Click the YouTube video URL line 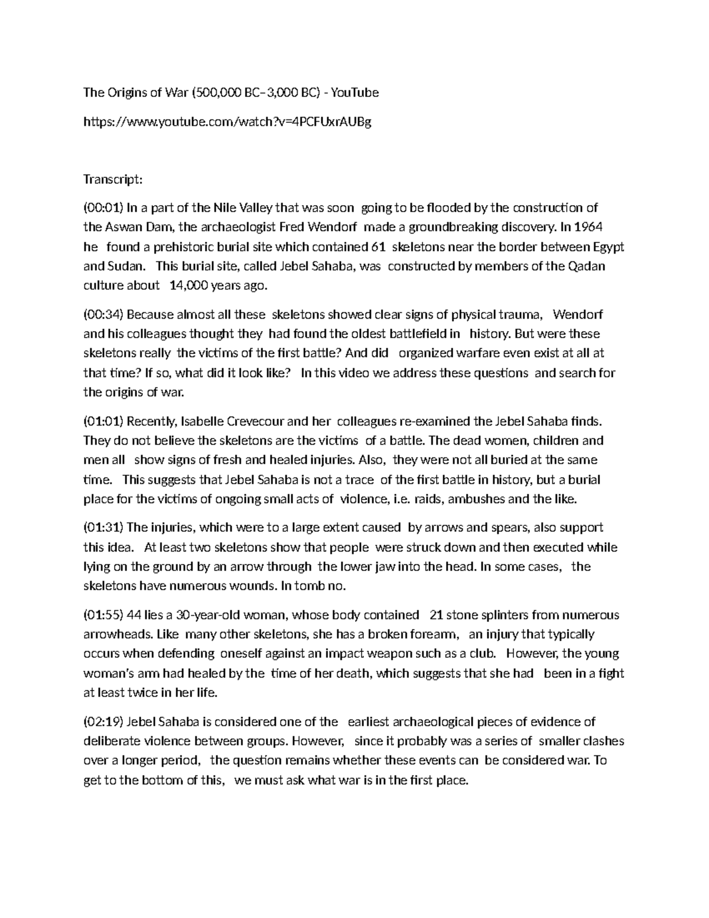227,122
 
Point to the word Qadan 586,266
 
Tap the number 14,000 188,286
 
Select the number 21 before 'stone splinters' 437,615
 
